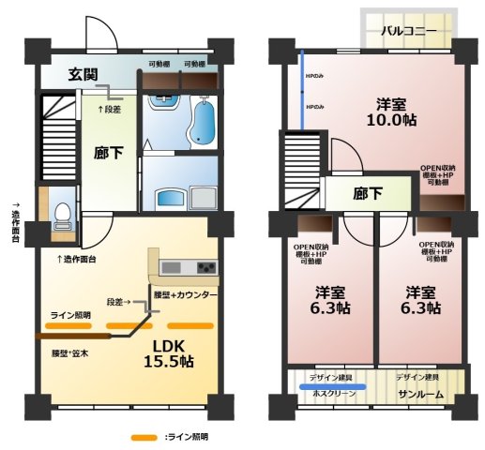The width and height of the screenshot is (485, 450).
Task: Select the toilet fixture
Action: [x=62, y=217]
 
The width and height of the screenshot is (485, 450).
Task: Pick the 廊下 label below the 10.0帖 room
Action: [x=369, y=194]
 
